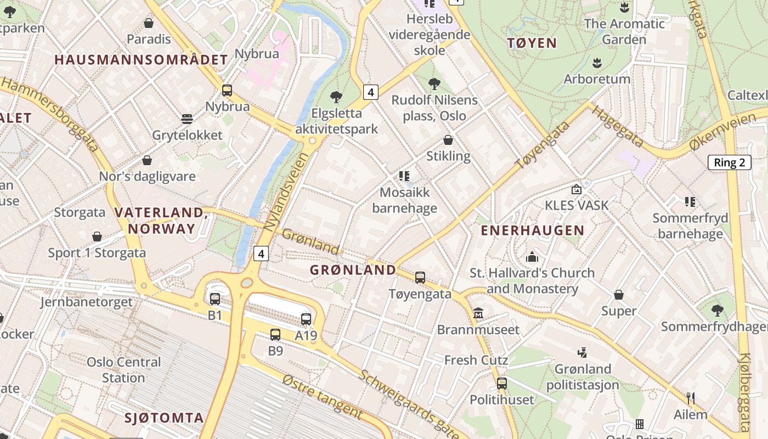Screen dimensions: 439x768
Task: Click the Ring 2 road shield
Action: click(730, 162)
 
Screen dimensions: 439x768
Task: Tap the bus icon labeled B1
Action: click(214, 299)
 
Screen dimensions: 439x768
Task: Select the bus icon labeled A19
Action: click(306, 319)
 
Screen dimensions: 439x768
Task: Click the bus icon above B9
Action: click(275, 334)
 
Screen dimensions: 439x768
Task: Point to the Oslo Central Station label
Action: click(124, 370)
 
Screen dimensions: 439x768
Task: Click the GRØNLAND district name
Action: click(353, 269)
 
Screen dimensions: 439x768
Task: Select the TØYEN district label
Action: click(532, 43)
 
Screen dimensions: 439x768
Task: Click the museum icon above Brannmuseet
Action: click(478, 313)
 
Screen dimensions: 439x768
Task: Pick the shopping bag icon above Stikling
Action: click(448, 140)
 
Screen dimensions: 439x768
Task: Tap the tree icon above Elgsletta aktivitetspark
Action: click(336, 97)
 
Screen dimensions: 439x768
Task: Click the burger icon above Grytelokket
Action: click(187, 119)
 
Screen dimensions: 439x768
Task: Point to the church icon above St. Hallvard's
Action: click(532, 257)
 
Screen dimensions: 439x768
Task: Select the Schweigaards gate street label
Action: click(408, 404)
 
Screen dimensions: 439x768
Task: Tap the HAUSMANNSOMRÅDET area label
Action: click(141, 60)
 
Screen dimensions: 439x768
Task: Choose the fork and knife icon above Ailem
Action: click(691, 398)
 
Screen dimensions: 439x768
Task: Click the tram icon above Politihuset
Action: click(501, 383)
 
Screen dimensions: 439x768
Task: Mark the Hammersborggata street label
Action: click(53, 115)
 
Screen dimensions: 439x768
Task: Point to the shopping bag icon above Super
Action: click(619, 295)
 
